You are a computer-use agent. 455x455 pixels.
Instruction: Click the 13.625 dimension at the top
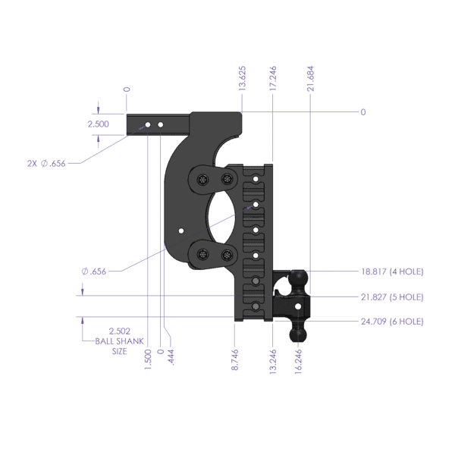pyautogui.click(x=242, y=79)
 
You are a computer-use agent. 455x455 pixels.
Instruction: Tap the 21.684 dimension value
pyautogui.click(x=312, y=79)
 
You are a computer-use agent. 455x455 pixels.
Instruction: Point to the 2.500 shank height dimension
pyautogui.click(x=99, y=124)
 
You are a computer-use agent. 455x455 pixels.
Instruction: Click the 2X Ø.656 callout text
pyautogui.click(x=46, y=162)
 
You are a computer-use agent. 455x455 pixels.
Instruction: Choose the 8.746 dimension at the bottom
pyautogui.click(x=235, y=359)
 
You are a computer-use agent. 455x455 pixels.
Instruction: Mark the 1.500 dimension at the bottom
pyautogui.click(x=147, y=357)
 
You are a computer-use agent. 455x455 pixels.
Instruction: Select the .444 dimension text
pyautogui.click(x=171, y=357)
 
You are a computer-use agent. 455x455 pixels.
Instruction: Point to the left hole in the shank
pyautogui.click(x=149, y=124)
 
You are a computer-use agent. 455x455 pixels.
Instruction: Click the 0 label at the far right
pyautogui.click(x=363, y=112)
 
